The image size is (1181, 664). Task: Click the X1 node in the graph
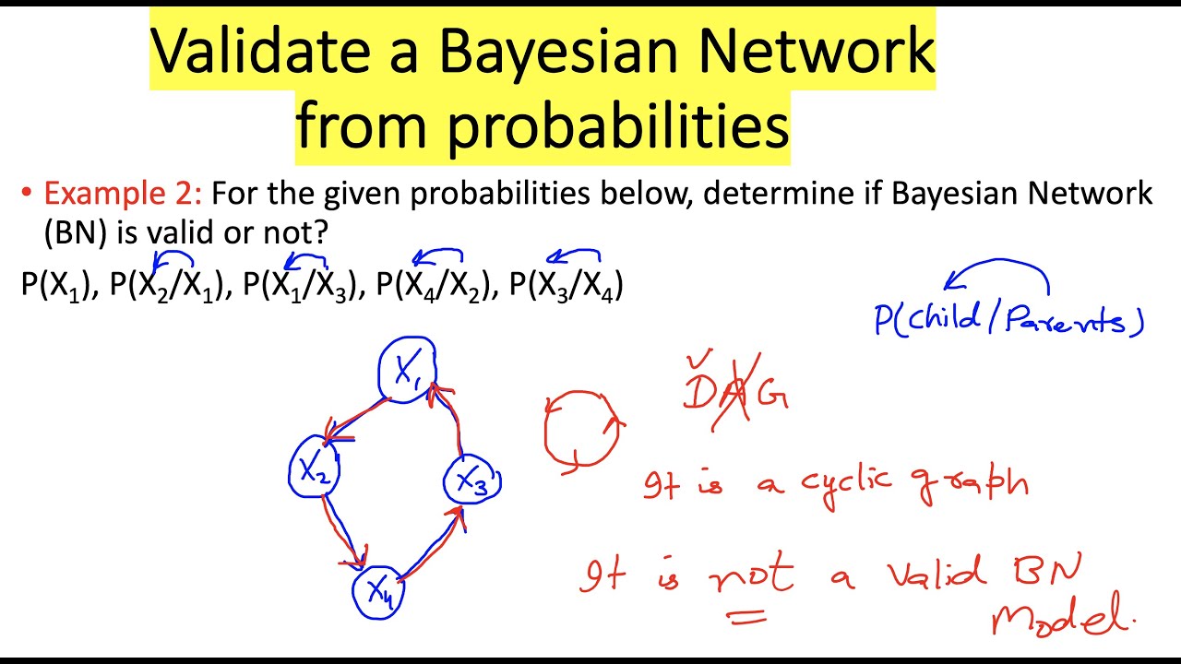[x=407, y=371]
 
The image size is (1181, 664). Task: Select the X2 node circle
[x=315, y=469]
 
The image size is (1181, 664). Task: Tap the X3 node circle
[x=472, y=480]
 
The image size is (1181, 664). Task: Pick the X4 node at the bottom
[x=379, y=590]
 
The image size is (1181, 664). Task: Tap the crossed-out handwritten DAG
[x=735, y=392]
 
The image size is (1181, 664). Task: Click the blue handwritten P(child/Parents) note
[x=1008, y=319]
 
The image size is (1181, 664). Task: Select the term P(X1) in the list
[x=58, y=285]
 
